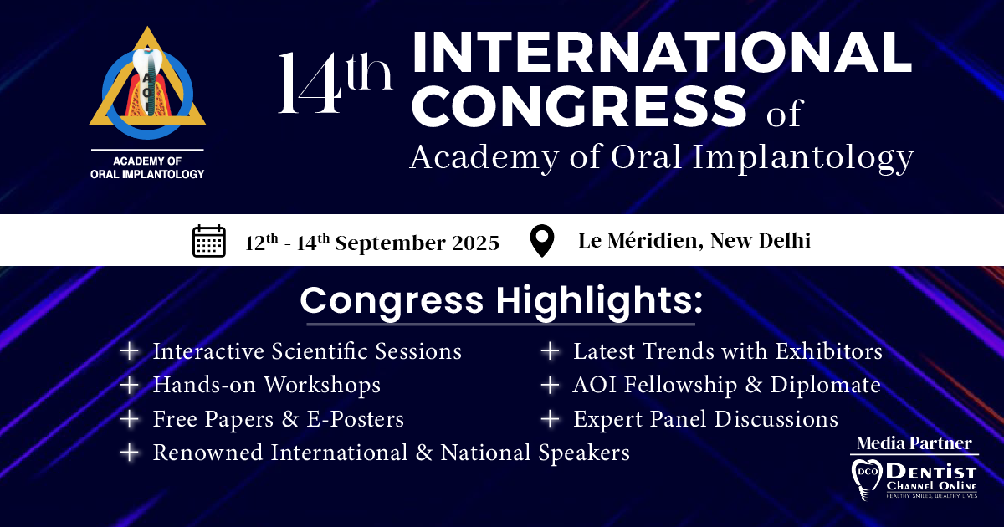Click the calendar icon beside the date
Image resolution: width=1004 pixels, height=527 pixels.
(209, 241)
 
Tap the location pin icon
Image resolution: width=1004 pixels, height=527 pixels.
(542, 241)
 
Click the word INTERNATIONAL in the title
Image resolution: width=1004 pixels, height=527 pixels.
(662, 53)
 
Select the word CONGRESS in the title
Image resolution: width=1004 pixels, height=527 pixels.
(579, 107)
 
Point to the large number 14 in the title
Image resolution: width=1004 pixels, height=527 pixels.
(310, 83)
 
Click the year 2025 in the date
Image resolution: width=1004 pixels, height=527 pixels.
(475, 243)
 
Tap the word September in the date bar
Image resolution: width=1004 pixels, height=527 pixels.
(391, 243)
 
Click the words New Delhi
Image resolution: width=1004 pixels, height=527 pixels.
(761, 241)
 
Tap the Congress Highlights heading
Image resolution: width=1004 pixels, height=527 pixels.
(501, 301)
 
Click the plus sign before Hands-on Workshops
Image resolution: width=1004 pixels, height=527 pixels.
(130, 385)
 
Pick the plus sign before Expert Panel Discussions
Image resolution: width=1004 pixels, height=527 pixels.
(550, 419)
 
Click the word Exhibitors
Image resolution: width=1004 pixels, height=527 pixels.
(829, 350)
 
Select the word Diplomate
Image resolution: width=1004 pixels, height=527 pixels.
(825, 385)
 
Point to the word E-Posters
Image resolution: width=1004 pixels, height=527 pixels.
(356, 419)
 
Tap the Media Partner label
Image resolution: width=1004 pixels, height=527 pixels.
(914, 443)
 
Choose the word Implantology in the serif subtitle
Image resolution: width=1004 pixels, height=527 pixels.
(802, 158)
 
